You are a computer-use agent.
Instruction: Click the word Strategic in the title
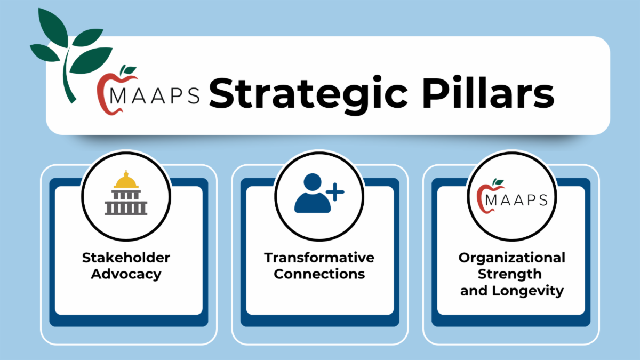[308, 95]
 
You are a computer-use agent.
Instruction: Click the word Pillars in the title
[488, 92]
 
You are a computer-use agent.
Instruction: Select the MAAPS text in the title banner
[155, 95]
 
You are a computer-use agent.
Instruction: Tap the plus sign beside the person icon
[335, 192]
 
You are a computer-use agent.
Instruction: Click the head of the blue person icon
[313, 182]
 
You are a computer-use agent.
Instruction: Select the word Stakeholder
[126, 258]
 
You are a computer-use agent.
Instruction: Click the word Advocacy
[126, 275]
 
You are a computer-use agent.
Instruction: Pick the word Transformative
[319, 258]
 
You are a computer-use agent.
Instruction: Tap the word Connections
[319, 274]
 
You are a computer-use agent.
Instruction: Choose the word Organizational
[511, 258]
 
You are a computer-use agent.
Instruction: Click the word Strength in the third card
[510, 275]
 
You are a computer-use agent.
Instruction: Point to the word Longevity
[527, 291]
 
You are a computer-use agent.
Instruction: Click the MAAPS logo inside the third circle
[512, 197]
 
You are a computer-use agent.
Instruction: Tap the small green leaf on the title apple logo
[129, 69]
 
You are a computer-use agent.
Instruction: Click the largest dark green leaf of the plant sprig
[91, 60]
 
